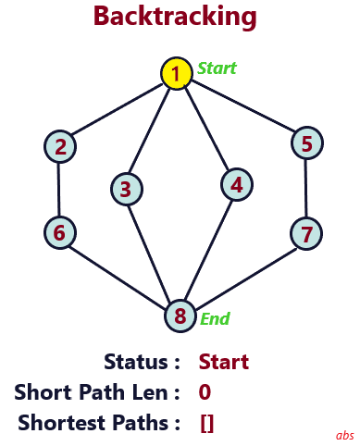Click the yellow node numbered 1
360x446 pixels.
176,73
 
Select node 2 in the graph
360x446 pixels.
60,145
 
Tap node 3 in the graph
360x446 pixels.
125,189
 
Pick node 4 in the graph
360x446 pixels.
237,184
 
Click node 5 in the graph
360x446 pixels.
307,143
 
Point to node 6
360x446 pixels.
60,232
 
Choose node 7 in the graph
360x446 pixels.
307,232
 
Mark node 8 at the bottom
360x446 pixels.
180,316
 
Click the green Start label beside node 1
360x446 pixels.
217,68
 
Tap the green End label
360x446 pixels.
215,319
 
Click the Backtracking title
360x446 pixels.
176,16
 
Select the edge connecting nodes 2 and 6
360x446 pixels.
60,189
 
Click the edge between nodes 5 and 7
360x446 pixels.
307,188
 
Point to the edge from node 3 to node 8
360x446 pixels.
151,250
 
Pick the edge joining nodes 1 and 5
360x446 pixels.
242,108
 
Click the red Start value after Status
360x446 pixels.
224,362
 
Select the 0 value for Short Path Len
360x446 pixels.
205,392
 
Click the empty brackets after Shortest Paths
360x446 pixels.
206,424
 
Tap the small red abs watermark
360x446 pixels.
344,435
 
